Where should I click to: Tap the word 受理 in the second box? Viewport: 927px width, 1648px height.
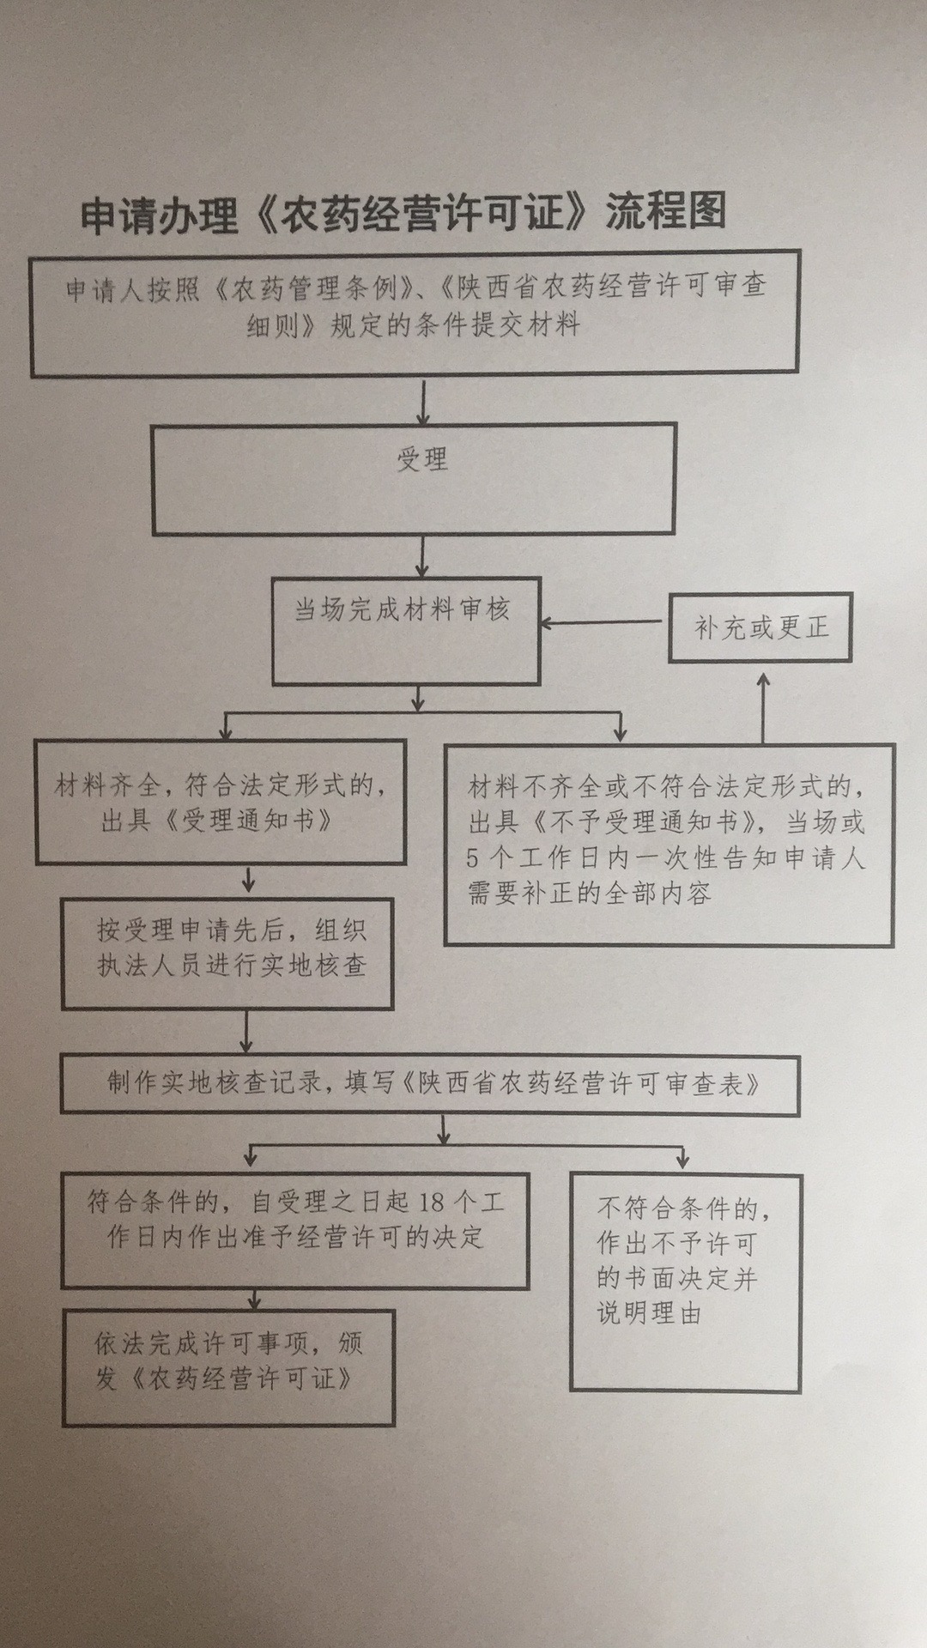coord(422,460)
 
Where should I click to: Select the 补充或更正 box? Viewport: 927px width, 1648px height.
coord(760,627)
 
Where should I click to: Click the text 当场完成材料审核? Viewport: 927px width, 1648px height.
coord(402,610)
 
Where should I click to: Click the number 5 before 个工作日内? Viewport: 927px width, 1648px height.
coord(473,858)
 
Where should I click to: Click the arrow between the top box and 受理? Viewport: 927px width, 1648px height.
coord(422,401)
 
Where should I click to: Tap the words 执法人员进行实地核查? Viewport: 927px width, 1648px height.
coord(232,966)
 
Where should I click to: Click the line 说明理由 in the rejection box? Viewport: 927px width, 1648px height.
coord(649,1314)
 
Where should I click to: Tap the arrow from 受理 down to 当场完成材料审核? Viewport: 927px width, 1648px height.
coord(422,557)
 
